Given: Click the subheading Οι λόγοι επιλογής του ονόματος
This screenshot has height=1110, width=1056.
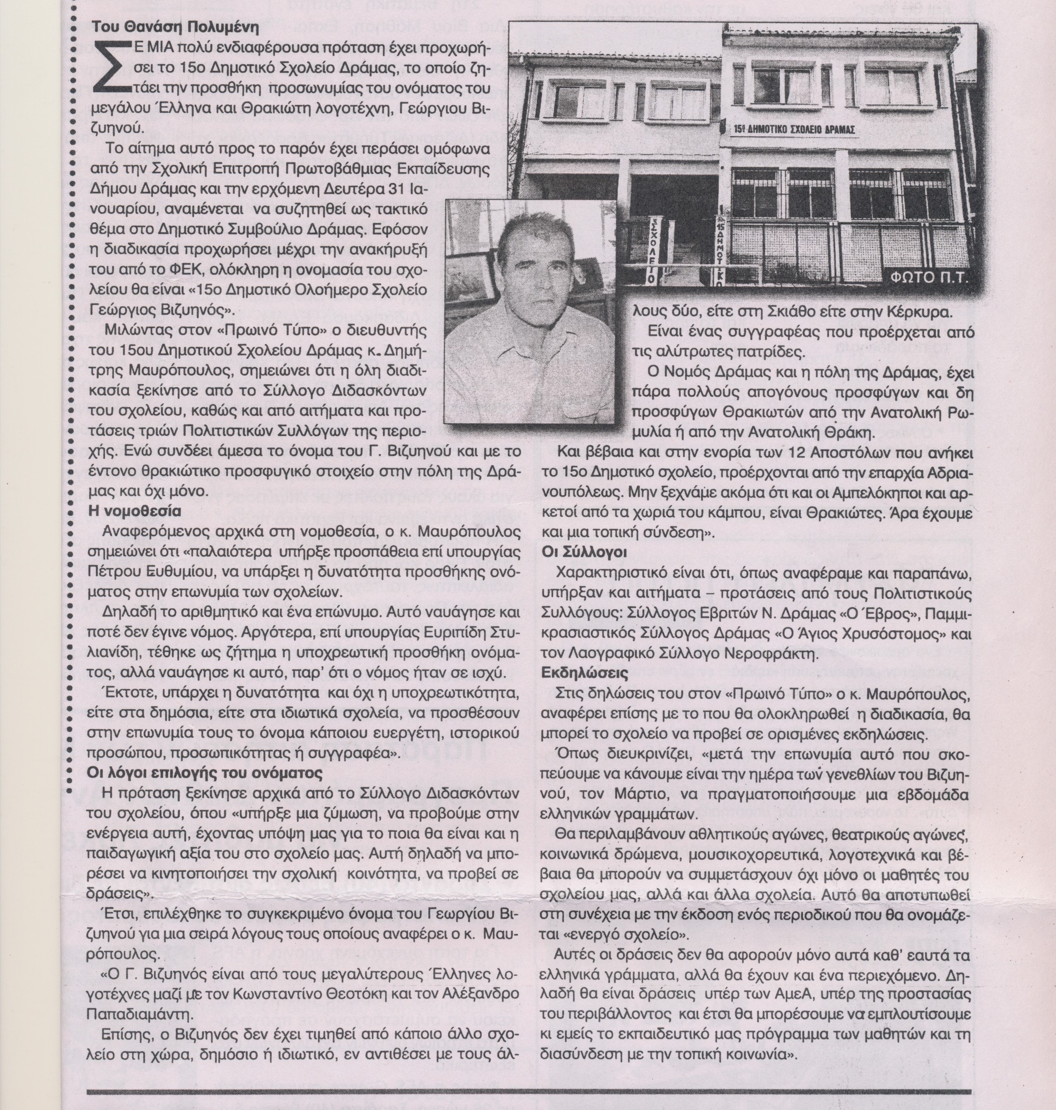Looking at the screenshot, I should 205,773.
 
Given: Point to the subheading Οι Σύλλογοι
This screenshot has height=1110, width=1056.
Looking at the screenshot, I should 584,552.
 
